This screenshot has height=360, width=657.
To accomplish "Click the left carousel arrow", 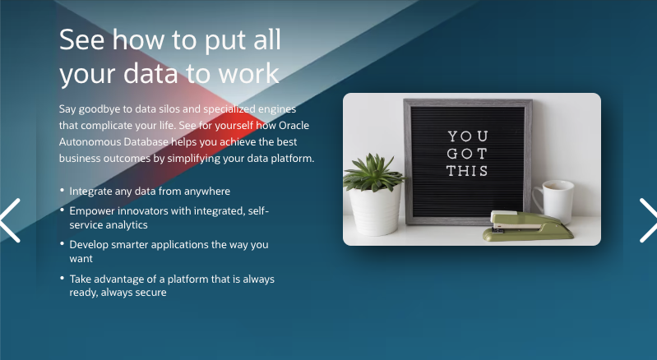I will pyautogui.click(x=11, y=220).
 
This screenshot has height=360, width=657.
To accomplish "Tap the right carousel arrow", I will pyautogui.click(x=647, y=220).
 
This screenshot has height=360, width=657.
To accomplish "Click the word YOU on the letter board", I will pyautogui.click(x=467, y=136).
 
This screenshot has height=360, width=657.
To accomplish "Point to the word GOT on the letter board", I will pyautogui.click(x=467, y=154).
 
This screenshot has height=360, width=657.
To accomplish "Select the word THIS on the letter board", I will pyautogui.click(x=467, y=171).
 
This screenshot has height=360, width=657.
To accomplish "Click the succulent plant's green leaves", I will pyautogui.click(x=373, y=172).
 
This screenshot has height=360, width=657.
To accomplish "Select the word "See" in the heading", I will pyautogui.click(x=82, y=39).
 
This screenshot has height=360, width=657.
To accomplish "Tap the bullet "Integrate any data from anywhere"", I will pyautogui.click(x=150, y=191).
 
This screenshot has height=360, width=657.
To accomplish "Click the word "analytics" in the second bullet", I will pyautogui.click(x=125, y=224).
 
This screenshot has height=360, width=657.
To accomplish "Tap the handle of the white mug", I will pyautogui.click(x=537, y=198).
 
